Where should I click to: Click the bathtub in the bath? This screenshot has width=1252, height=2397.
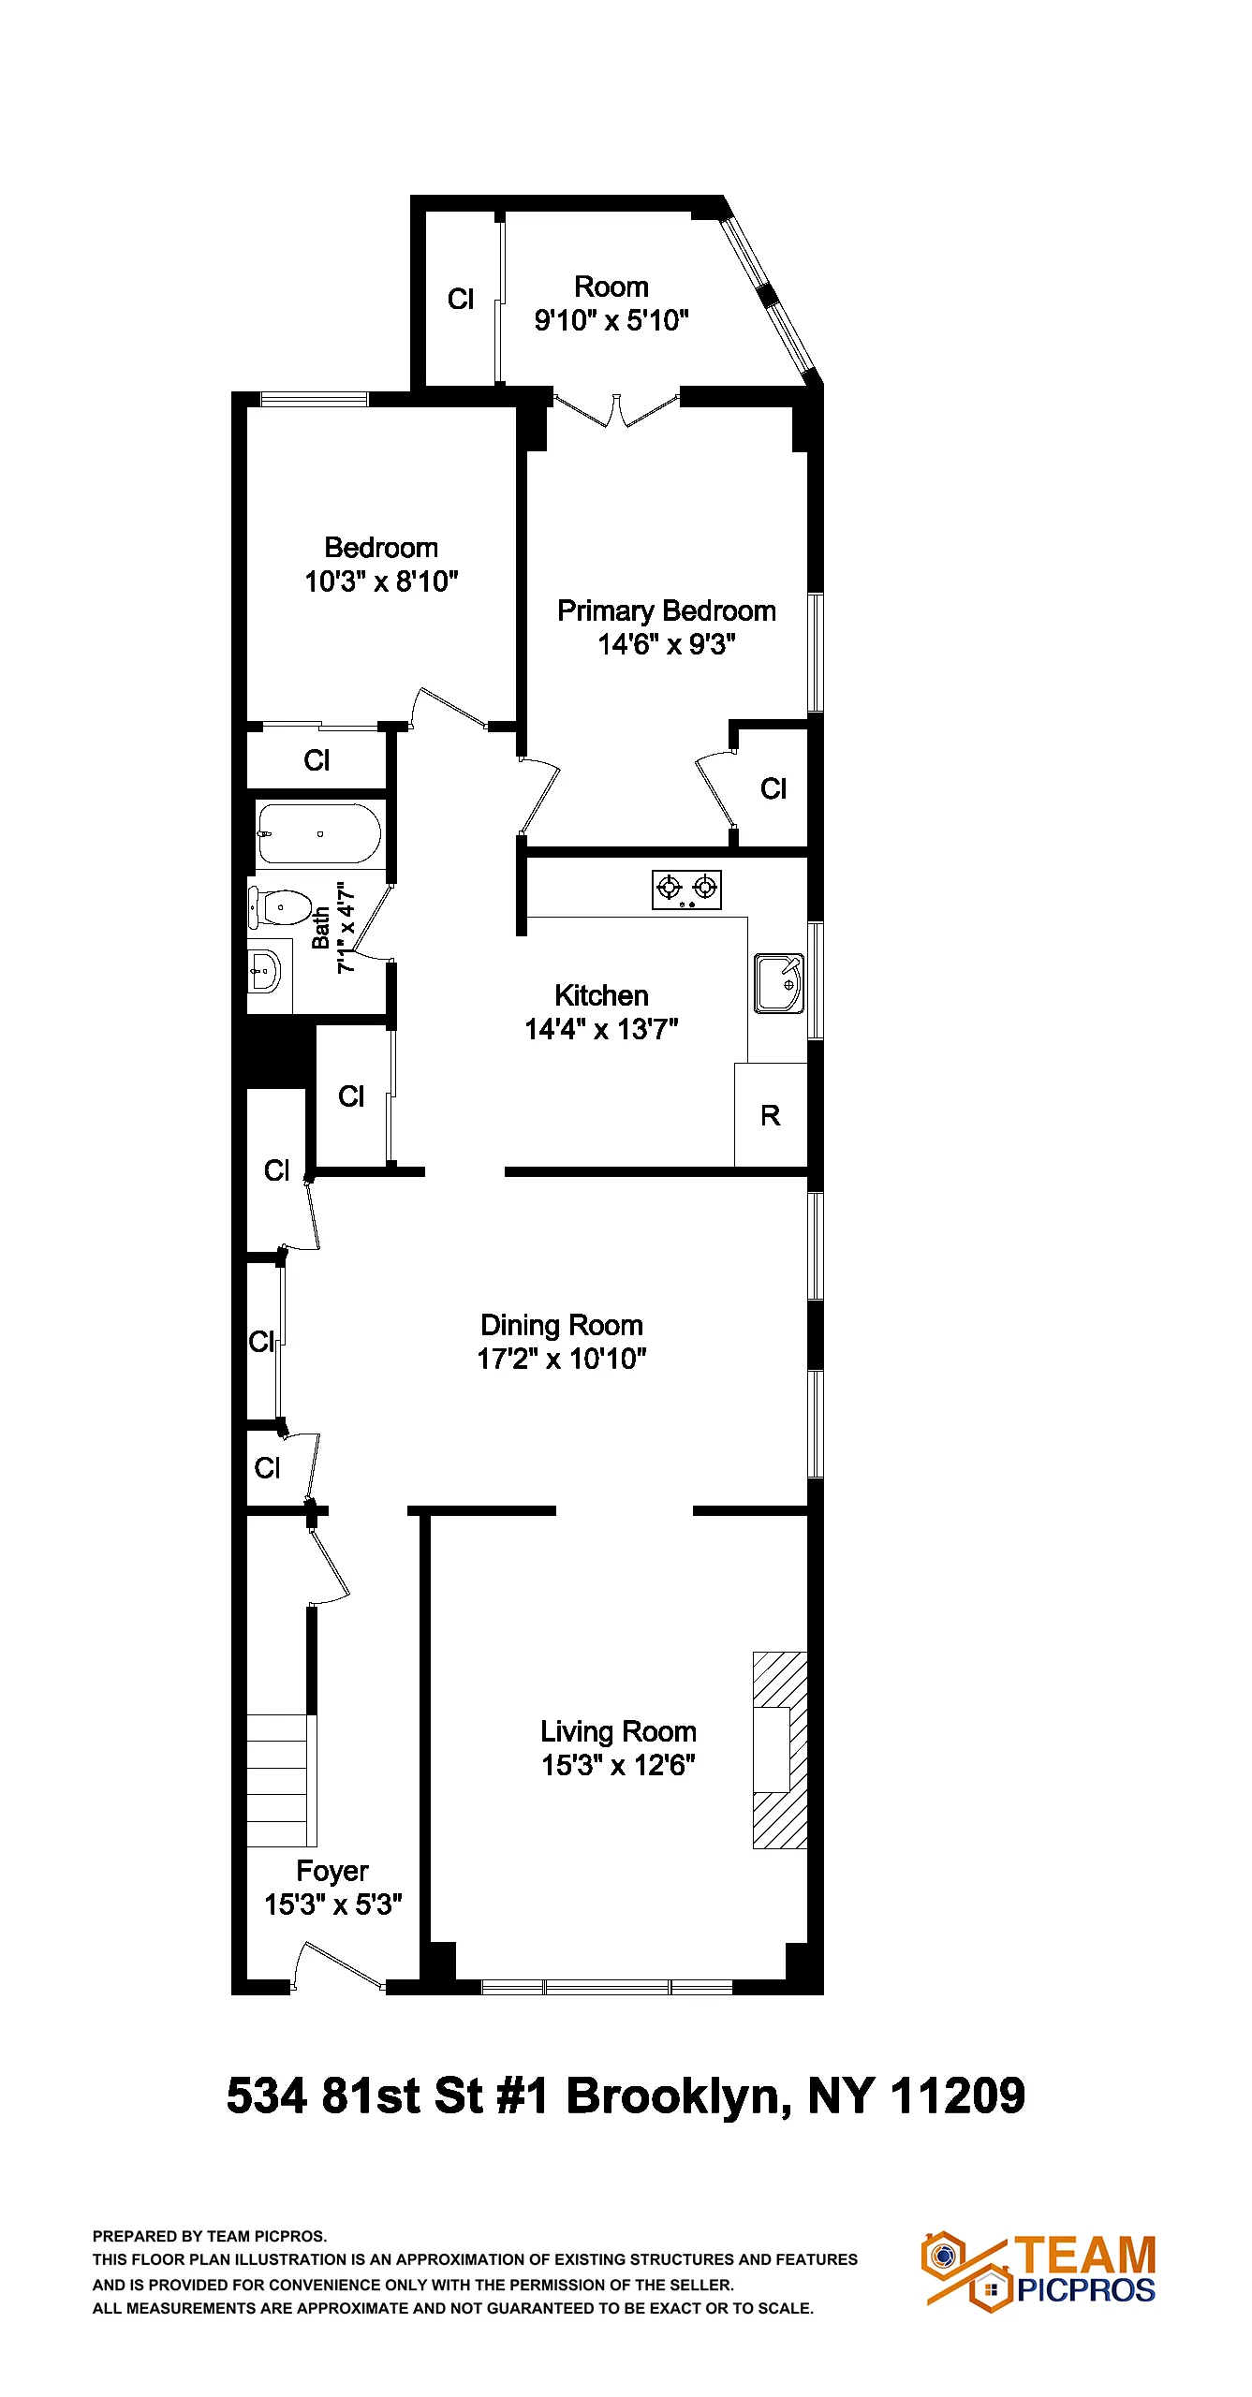coord(318,833)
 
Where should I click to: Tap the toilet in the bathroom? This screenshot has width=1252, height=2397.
coord(282,907)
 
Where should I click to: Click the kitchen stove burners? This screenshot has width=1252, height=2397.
coord(686,890)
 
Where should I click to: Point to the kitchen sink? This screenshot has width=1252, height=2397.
coord(778,983)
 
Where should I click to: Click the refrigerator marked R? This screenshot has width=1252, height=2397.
coord(770,1115)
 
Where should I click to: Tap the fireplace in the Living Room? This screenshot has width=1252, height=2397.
coord(779,1750)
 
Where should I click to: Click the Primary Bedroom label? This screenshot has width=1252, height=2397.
coord(666,611)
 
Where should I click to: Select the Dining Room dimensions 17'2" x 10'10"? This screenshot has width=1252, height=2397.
coord(562,1359)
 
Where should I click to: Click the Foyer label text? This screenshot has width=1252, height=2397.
coord(332,1871)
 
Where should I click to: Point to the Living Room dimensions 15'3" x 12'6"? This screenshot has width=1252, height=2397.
coord(618,1765)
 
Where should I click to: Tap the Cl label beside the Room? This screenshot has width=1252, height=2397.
coord(461,300)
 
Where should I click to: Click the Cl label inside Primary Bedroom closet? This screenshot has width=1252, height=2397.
coord(773,789)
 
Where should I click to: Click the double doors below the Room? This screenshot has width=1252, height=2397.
coord(616,410)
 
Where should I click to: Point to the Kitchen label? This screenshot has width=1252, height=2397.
coord(601,995)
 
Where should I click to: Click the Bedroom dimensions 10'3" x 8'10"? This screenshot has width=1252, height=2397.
coord(381,581)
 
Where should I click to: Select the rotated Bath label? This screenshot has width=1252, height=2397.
coord(321,927)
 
